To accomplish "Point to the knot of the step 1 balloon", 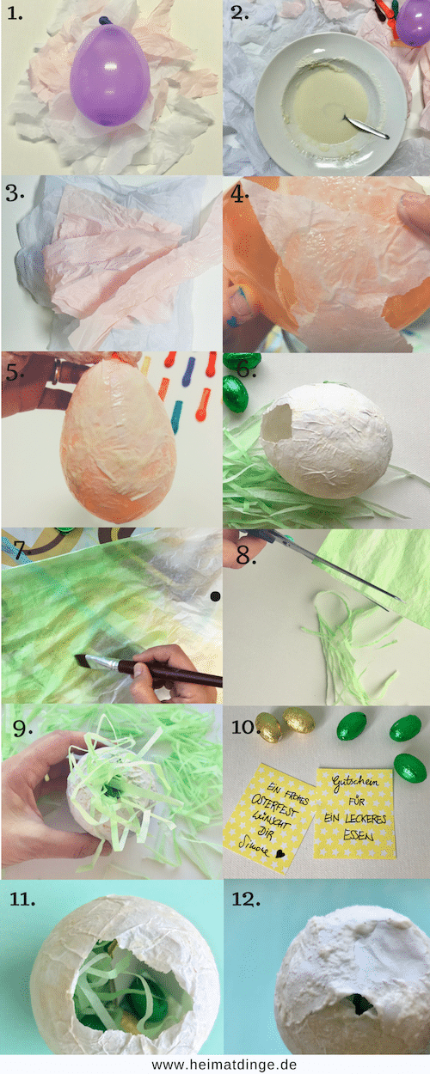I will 105,19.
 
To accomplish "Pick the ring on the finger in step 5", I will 57,372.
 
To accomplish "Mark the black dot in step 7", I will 214,596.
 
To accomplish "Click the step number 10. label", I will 248,727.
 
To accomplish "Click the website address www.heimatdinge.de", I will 215,1064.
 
